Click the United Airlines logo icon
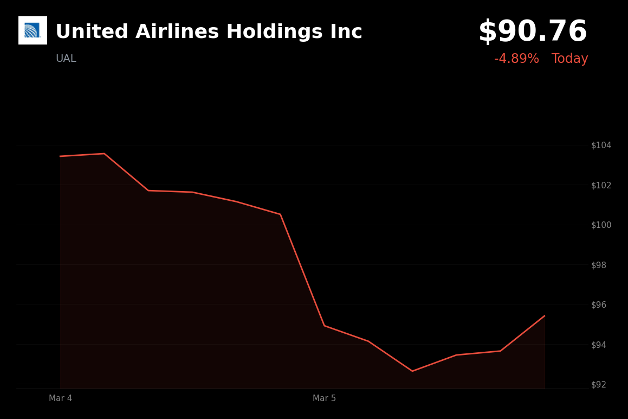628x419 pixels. (x=33, y=30)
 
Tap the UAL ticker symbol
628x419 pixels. (x=66, y=59)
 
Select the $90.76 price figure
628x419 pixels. (x=533, y=32)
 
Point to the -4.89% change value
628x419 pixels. (x=516, y=59)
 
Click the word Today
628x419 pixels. (x=569, y=59)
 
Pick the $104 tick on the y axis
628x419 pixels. (x=601, y=145)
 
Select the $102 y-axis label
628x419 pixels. (x=601, y=185)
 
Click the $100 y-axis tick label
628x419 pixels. (x=601, y=225)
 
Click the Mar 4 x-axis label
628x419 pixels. (x=60, y=398)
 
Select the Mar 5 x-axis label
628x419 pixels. (x=324, y=398)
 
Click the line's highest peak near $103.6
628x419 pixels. (x=104, y=154)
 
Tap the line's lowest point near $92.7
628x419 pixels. (x=412, y=371)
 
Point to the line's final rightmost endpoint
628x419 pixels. (x=545, y=316)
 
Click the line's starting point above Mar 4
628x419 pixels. (x=60, y=156)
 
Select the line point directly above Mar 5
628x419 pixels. (x=324, y=326)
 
